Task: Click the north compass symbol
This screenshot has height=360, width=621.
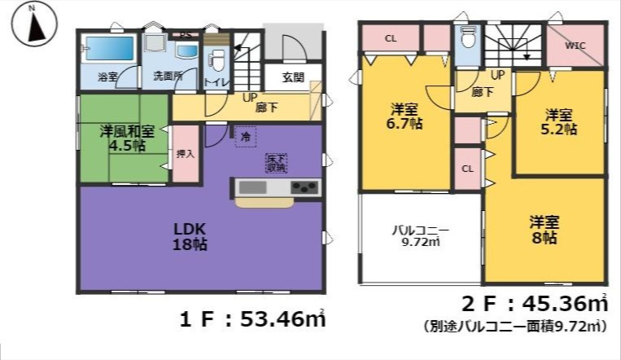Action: (32, 24)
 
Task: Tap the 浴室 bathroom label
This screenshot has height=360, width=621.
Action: (107, 77)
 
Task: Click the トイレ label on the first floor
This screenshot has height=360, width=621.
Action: (216, 82)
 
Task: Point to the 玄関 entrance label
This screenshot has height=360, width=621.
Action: (293, 78)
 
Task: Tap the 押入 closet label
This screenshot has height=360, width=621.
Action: (185, 153)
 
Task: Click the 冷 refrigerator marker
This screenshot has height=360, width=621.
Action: (244, 138)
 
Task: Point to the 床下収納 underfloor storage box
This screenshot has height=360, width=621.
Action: (276, 163)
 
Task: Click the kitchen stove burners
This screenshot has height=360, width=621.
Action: (304, 187)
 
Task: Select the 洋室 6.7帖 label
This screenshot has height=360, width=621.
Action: (405, 116)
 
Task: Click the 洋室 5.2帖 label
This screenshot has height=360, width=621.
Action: (561, 121)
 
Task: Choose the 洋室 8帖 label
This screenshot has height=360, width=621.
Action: (544, 230)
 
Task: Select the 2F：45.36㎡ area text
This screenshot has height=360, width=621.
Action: (535, 305)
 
